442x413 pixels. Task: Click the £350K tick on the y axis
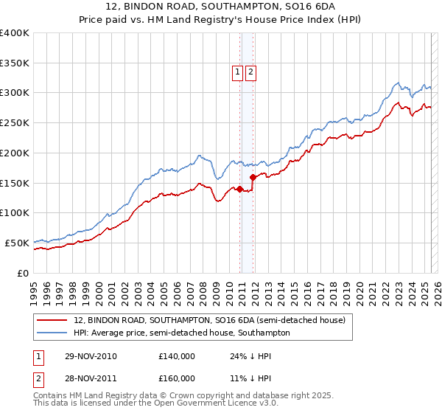15,63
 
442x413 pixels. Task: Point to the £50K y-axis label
15,243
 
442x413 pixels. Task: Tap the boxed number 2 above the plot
251,72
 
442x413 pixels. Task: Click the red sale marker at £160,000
253,177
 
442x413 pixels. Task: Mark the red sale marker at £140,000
240,189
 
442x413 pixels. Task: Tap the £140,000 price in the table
177,356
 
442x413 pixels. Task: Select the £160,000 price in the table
177,378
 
